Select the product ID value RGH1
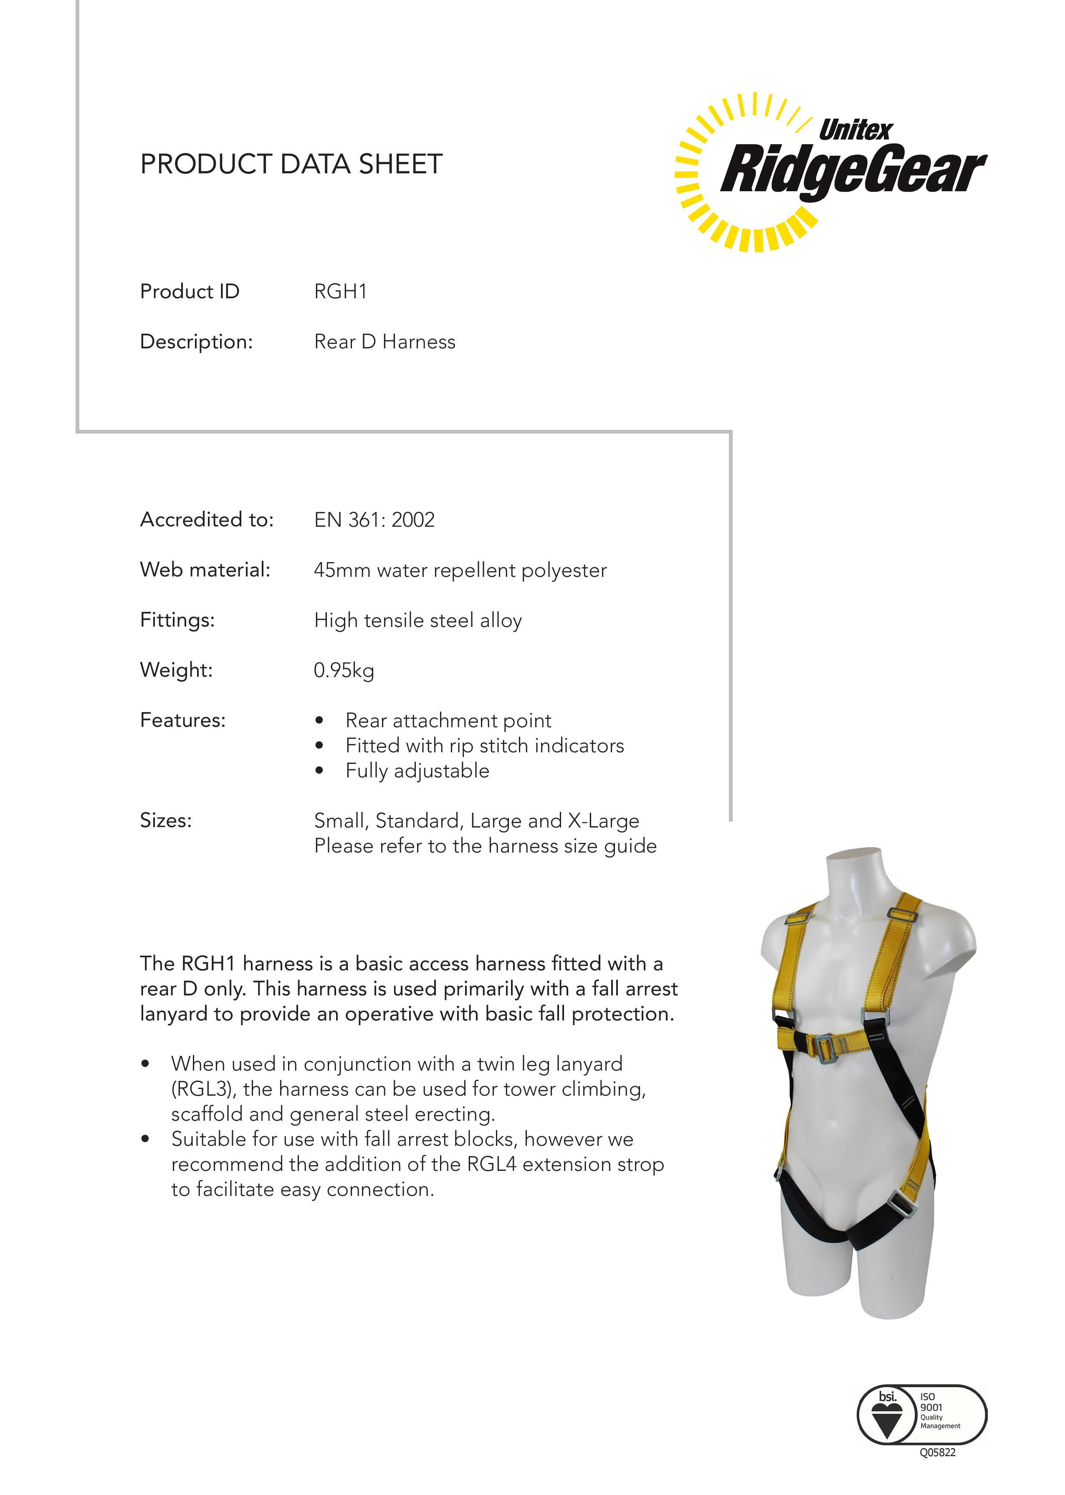(x=340, y=291)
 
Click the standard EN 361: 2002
(x=374, y=520)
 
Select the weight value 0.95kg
(x=344, y=670)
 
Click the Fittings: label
(x=177, y=620)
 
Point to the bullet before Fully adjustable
(x=319, y=771)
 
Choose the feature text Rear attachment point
(x=448, y=720)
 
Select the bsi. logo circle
(x=887, y=1414)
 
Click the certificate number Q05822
(x=937, y=1452)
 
